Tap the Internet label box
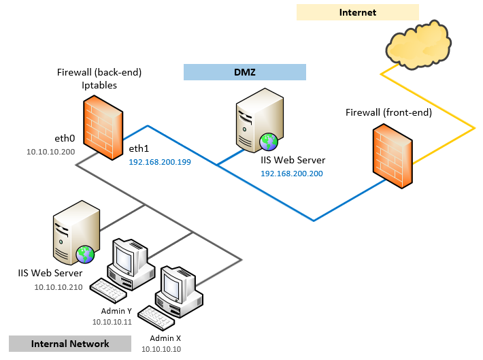click(357, 12)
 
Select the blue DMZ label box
click(244, 72)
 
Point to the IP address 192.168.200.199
click(161, 163)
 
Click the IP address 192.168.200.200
click(291, 174)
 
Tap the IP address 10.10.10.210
click(59, 287)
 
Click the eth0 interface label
click(65, 137)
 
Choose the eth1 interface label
click(139, 150)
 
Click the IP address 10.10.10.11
click(112, 322)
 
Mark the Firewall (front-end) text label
click(388, 112)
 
